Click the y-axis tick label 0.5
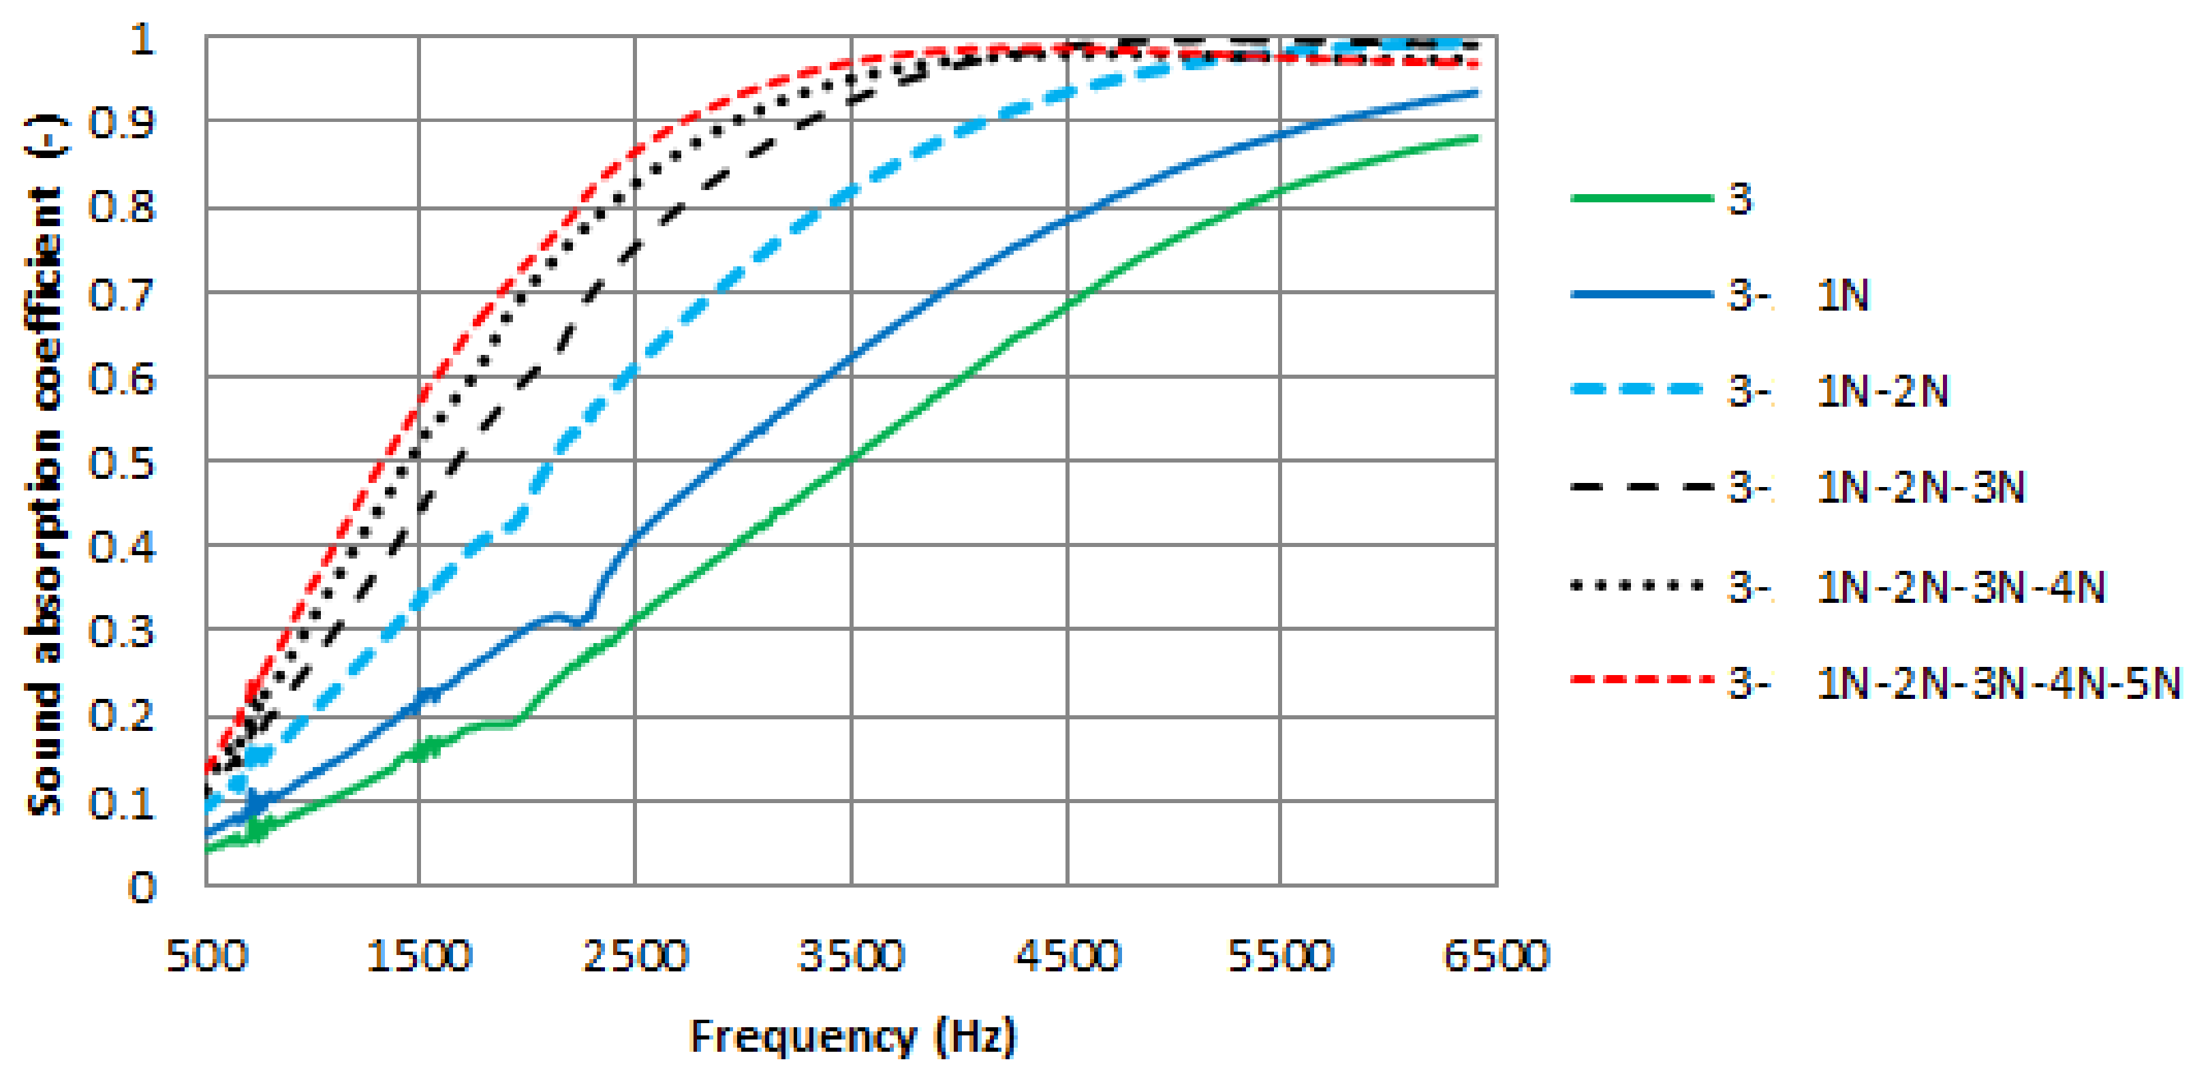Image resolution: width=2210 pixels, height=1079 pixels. (x=123, y=464)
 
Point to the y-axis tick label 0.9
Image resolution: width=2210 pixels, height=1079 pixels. (x=123, y=123)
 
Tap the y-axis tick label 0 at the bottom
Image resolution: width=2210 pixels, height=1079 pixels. (x=142, y=888)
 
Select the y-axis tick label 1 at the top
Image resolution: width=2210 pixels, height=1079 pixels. (x=142, y=40)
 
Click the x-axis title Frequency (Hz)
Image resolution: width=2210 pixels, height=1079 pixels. (x=853, y=1036)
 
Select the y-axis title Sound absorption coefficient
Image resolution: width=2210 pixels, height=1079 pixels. (x=44, y=463)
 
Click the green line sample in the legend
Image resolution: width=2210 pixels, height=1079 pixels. (x=1640, y=198)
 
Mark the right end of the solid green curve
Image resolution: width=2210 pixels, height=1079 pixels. (x=1476, y=138)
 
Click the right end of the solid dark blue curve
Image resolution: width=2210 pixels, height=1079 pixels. (x=1476, y=92)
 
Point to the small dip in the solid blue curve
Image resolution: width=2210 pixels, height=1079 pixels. (x=582, y=621)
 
